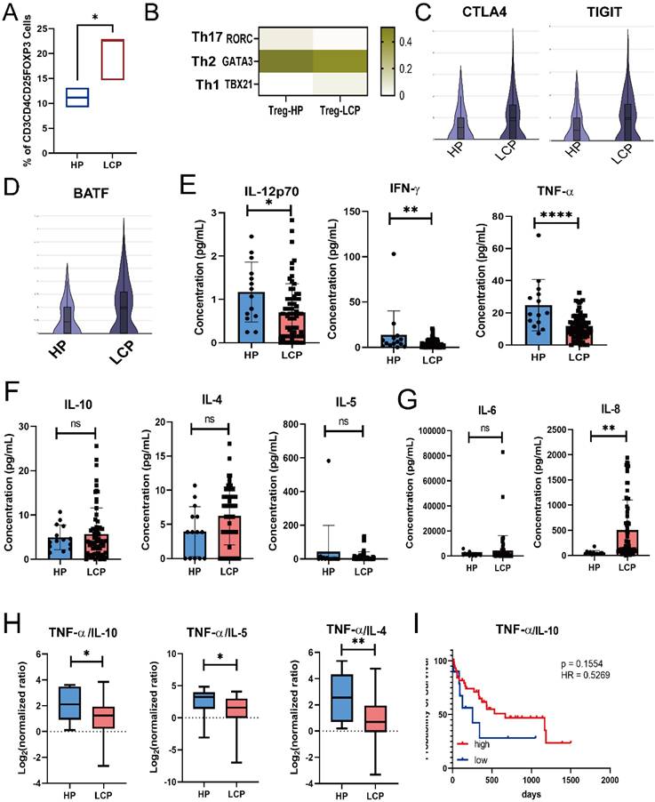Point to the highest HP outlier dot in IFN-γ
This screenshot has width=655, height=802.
click(x=365, y=254)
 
